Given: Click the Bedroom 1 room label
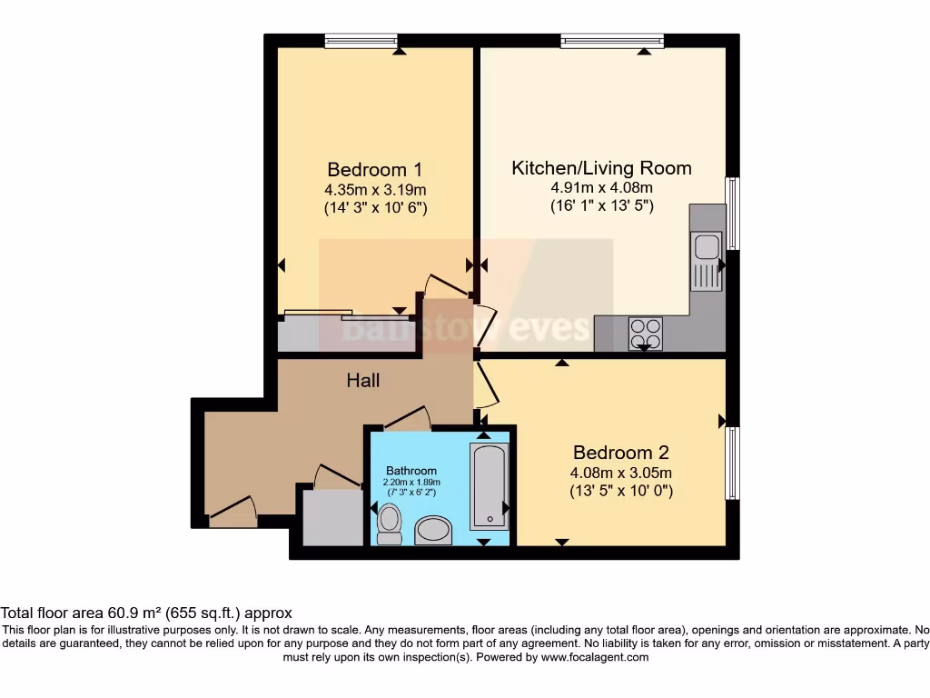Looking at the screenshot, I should pyautogui.click(x=375, y=169).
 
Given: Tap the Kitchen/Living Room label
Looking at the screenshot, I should pyautogui.click(x=601, y=168).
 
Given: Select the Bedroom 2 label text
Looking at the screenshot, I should pyautogui.click(x=620, y=453).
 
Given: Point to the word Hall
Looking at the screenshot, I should pyautogui.click(x=363, y=381).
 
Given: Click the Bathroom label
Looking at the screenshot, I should pyautogui.click(x=411, y=471).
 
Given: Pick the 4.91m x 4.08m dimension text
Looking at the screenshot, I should pyautogui.click(x=601, y=188).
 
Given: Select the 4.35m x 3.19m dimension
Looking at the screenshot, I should pyautogui.click(x=375, y=189).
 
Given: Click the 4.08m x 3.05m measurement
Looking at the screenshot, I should pyautogui.click(x=620, y=473).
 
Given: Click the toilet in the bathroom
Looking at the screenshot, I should pyautogui.click(x=390, y=524).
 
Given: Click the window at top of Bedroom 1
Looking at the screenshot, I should pyautogui.click(x=361, y=40).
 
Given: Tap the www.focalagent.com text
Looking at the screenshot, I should pyautogui.click(x=595, y=657).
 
